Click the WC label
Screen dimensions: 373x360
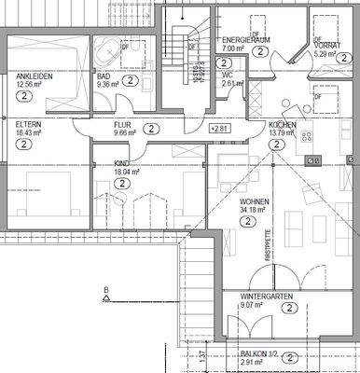tap(228, 75)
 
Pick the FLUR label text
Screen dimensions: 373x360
tap(123, 124)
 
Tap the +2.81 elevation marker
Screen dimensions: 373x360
tap(218, 128)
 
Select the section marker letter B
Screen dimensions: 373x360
tap(107, 291)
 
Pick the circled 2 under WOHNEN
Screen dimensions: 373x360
tap(255, 221)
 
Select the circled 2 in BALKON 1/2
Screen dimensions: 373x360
tap(291, 357)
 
